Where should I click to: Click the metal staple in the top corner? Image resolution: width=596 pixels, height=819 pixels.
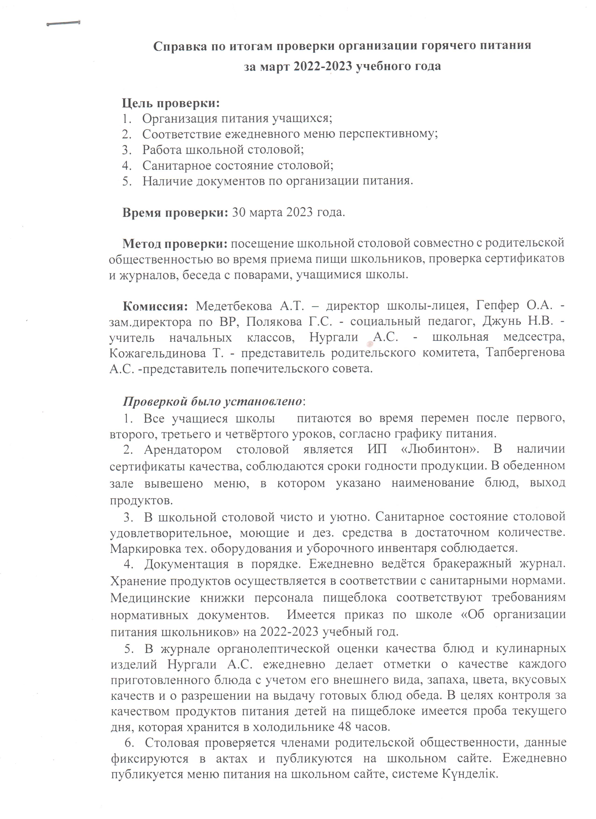click(63, 24)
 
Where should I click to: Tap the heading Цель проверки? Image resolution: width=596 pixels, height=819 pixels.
click(171, 104)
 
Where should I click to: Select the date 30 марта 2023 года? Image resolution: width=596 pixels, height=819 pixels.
click(288, 212)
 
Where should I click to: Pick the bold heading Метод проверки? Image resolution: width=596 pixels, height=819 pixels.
click(175, 244)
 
